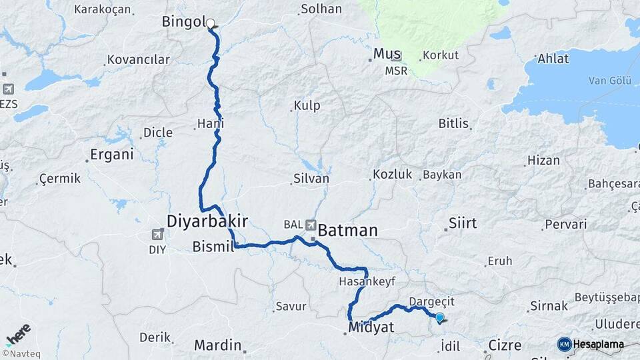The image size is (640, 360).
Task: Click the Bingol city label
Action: [x=183, y=22]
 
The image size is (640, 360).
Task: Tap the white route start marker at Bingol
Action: [x=211, y=24]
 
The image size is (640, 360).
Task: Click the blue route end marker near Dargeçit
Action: [x=439, y=317]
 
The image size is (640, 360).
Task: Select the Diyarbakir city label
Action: [x=207, y=221]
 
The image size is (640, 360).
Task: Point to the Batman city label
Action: [x=348, y=231]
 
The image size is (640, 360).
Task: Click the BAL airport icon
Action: [x=311, y=225]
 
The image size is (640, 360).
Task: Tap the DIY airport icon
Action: [x=158, y=234]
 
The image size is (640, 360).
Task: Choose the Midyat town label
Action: [x=371, y=327]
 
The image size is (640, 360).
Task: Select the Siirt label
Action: [x=463, y=223]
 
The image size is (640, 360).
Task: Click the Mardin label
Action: [x=217, y=345]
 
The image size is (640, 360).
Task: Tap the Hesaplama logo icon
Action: [x=564, y=344]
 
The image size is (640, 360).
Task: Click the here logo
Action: [x=18, y=335]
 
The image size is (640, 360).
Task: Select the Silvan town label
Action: [x=311, y=179]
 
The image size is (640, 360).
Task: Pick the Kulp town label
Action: [x=307, y=105]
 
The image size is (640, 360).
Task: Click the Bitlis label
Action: [x=453, y=123]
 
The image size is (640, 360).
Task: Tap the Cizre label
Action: [x=505, y=345]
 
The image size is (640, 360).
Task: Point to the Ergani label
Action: [x=111, y=155]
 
